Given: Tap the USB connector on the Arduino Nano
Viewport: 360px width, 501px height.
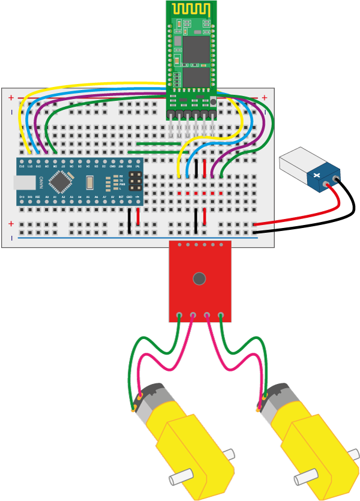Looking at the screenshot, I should point(24,182).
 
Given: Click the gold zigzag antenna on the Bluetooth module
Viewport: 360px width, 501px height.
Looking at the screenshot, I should point(191,9).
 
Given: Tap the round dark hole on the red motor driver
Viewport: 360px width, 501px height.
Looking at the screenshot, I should point(199,278).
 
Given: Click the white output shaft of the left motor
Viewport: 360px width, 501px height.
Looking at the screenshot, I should point(180,478).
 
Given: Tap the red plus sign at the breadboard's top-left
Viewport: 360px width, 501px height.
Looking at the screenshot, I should point(10,98).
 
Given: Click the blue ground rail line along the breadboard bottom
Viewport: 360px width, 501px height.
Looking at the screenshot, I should point(138,238).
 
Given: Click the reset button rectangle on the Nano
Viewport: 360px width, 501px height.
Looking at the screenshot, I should point(90,182).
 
